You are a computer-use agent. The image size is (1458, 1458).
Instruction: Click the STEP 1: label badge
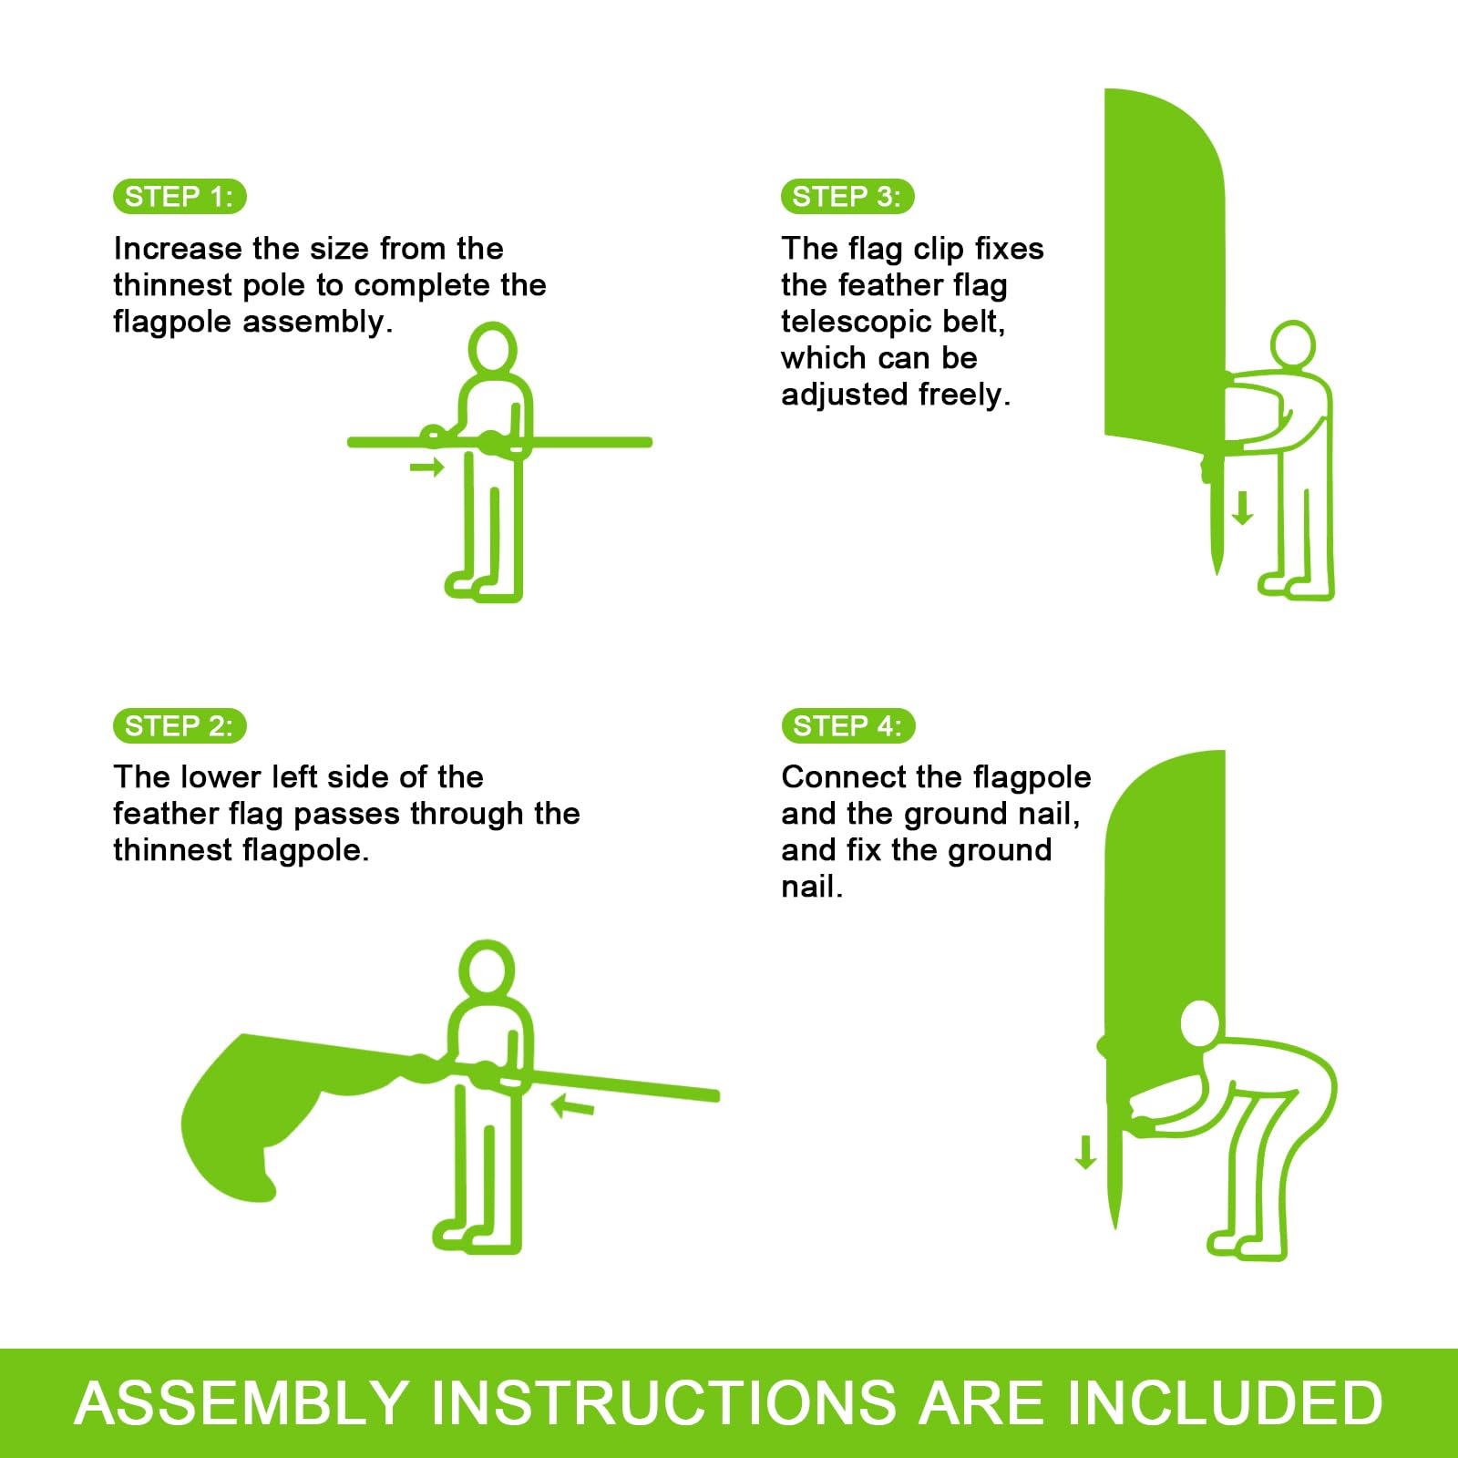(x=180, y=197)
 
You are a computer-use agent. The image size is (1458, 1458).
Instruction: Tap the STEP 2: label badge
(x=180, y=725)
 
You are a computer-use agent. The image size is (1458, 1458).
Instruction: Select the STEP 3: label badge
(x=847, y=197)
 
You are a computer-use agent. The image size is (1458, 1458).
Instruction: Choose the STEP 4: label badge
(x=847, y=725)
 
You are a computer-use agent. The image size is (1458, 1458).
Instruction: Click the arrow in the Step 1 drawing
(x=426, y=467)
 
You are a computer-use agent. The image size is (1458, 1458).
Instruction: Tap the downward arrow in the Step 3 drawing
(x=1242, y=508)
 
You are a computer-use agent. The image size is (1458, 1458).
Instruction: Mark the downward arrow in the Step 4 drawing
(x=1085, y=1152)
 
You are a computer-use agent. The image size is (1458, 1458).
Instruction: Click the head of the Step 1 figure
(x=492, y=348)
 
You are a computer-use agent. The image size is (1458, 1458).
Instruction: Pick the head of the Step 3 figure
(x=1293, y=345)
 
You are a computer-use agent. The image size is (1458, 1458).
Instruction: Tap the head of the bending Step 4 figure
(x=1199, y=1024)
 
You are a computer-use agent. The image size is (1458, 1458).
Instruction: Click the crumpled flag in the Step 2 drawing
(x=273, y=1112)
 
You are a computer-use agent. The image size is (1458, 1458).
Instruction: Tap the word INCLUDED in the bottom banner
(x=1223, y=1402)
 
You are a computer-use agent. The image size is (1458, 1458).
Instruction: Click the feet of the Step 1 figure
(x=483, y=586)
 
